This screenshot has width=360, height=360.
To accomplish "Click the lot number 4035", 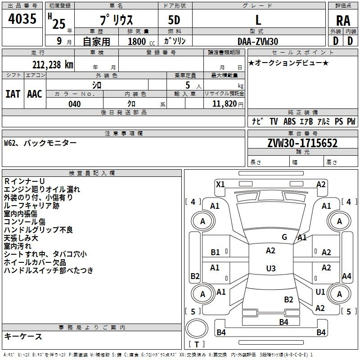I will click(x=22, y=19).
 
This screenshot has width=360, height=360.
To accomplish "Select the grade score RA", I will click(x=343, y=20).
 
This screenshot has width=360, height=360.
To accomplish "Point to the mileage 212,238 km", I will click(x=53, y=64).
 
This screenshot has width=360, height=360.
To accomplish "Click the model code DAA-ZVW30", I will click(x=258, y=41).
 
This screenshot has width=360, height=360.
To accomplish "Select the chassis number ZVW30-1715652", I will click(x=302, y=144).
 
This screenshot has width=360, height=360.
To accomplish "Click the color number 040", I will click(x=74, y=104).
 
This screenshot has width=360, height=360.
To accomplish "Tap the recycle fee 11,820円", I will click(x=228, y=104).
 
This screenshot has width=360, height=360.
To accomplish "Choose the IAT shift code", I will click(x=13, y=94).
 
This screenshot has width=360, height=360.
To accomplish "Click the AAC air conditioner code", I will click(x=35, y=94).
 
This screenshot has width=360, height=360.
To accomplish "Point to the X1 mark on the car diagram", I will click(x=220, y=184).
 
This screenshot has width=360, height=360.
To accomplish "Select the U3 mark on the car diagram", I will click(x=270, y=269).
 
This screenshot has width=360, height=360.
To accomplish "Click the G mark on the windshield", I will click(x=284, y=237).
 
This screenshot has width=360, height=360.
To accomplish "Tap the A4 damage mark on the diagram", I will click(x=346, y=276).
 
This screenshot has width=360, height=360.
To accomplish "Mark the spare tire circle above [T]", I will click(x=196, y=329).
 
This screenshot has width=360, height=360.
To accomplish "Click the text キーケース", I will click(x=23, y=337).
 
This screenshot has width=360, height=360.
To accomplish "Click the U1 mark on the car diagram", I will click(x=320, y=292).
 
